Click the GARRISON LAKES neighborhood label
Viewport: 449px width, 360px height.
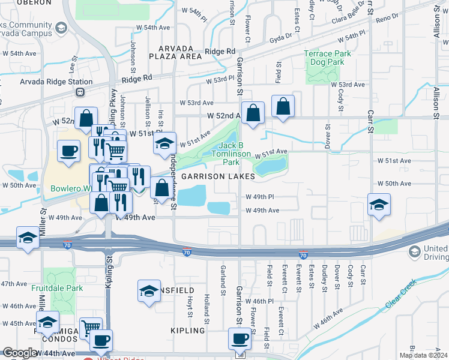[218, 176]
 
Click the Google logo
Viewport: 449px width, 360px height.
[20, 353]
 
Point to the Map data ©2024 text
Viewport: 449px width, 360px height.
[424, 355]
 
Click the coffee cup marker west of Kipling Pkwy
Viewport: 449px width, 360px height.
[68, 151]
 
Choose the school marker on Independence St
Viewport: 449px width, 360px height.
[164, 143]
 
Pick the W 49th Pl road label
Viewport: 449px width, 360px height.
[259, 197]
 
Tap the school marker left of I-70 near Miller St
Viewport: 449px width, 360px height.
[28, 238]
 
